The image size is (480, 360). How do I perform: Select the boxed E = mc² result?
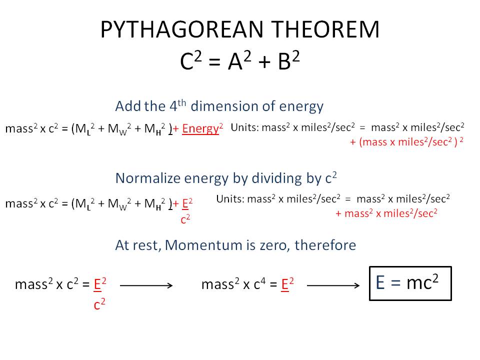click(x=410, y=283)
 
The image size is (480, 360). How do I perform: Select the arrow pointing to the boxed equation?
click(x=333, y=285)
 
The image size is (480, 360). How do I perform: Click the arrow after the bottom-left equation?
click(x=146, y=285)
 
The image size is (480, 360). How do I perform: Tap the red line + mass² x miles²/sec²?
click(x=386, y=213)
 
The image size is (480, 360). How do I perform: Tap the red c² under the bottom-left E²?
click(x=99, y=304)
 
